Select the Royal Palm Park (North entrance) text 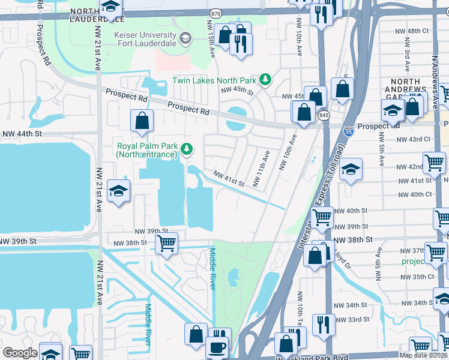coord(147,149)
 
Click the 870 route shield coord(215,13)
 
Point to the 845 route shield coord(324,116)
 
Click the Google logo coord(20,353)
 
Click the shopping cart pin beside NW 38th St coord(166,243)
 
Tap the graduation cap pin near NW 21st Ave coord(118,192)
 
